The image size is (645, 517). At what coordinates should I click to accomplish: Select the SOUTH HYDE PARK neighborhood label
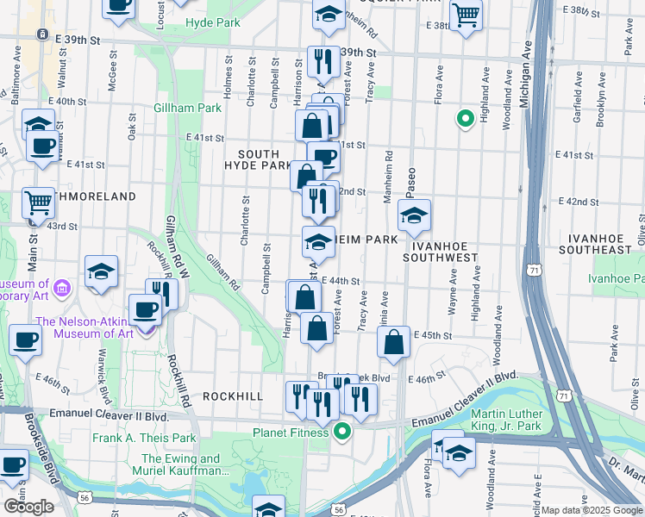pos(258,159)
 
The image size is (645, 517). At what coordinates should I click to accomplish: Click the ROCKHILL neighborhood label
pos(233,396)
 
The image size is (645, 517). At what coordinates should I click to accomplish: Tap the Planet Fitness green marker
pos(342,432)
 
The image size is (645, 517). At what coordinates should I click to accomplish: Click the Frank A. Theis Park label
pos(145,438)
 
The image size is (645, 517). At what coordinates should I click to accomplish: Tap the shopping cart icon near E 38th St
pos(466,14)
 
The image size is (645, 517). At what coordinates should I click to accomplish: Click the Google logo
pos(28,507)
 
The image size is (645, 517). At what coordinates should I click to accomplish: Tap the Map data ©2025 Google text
pos(591,510)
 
